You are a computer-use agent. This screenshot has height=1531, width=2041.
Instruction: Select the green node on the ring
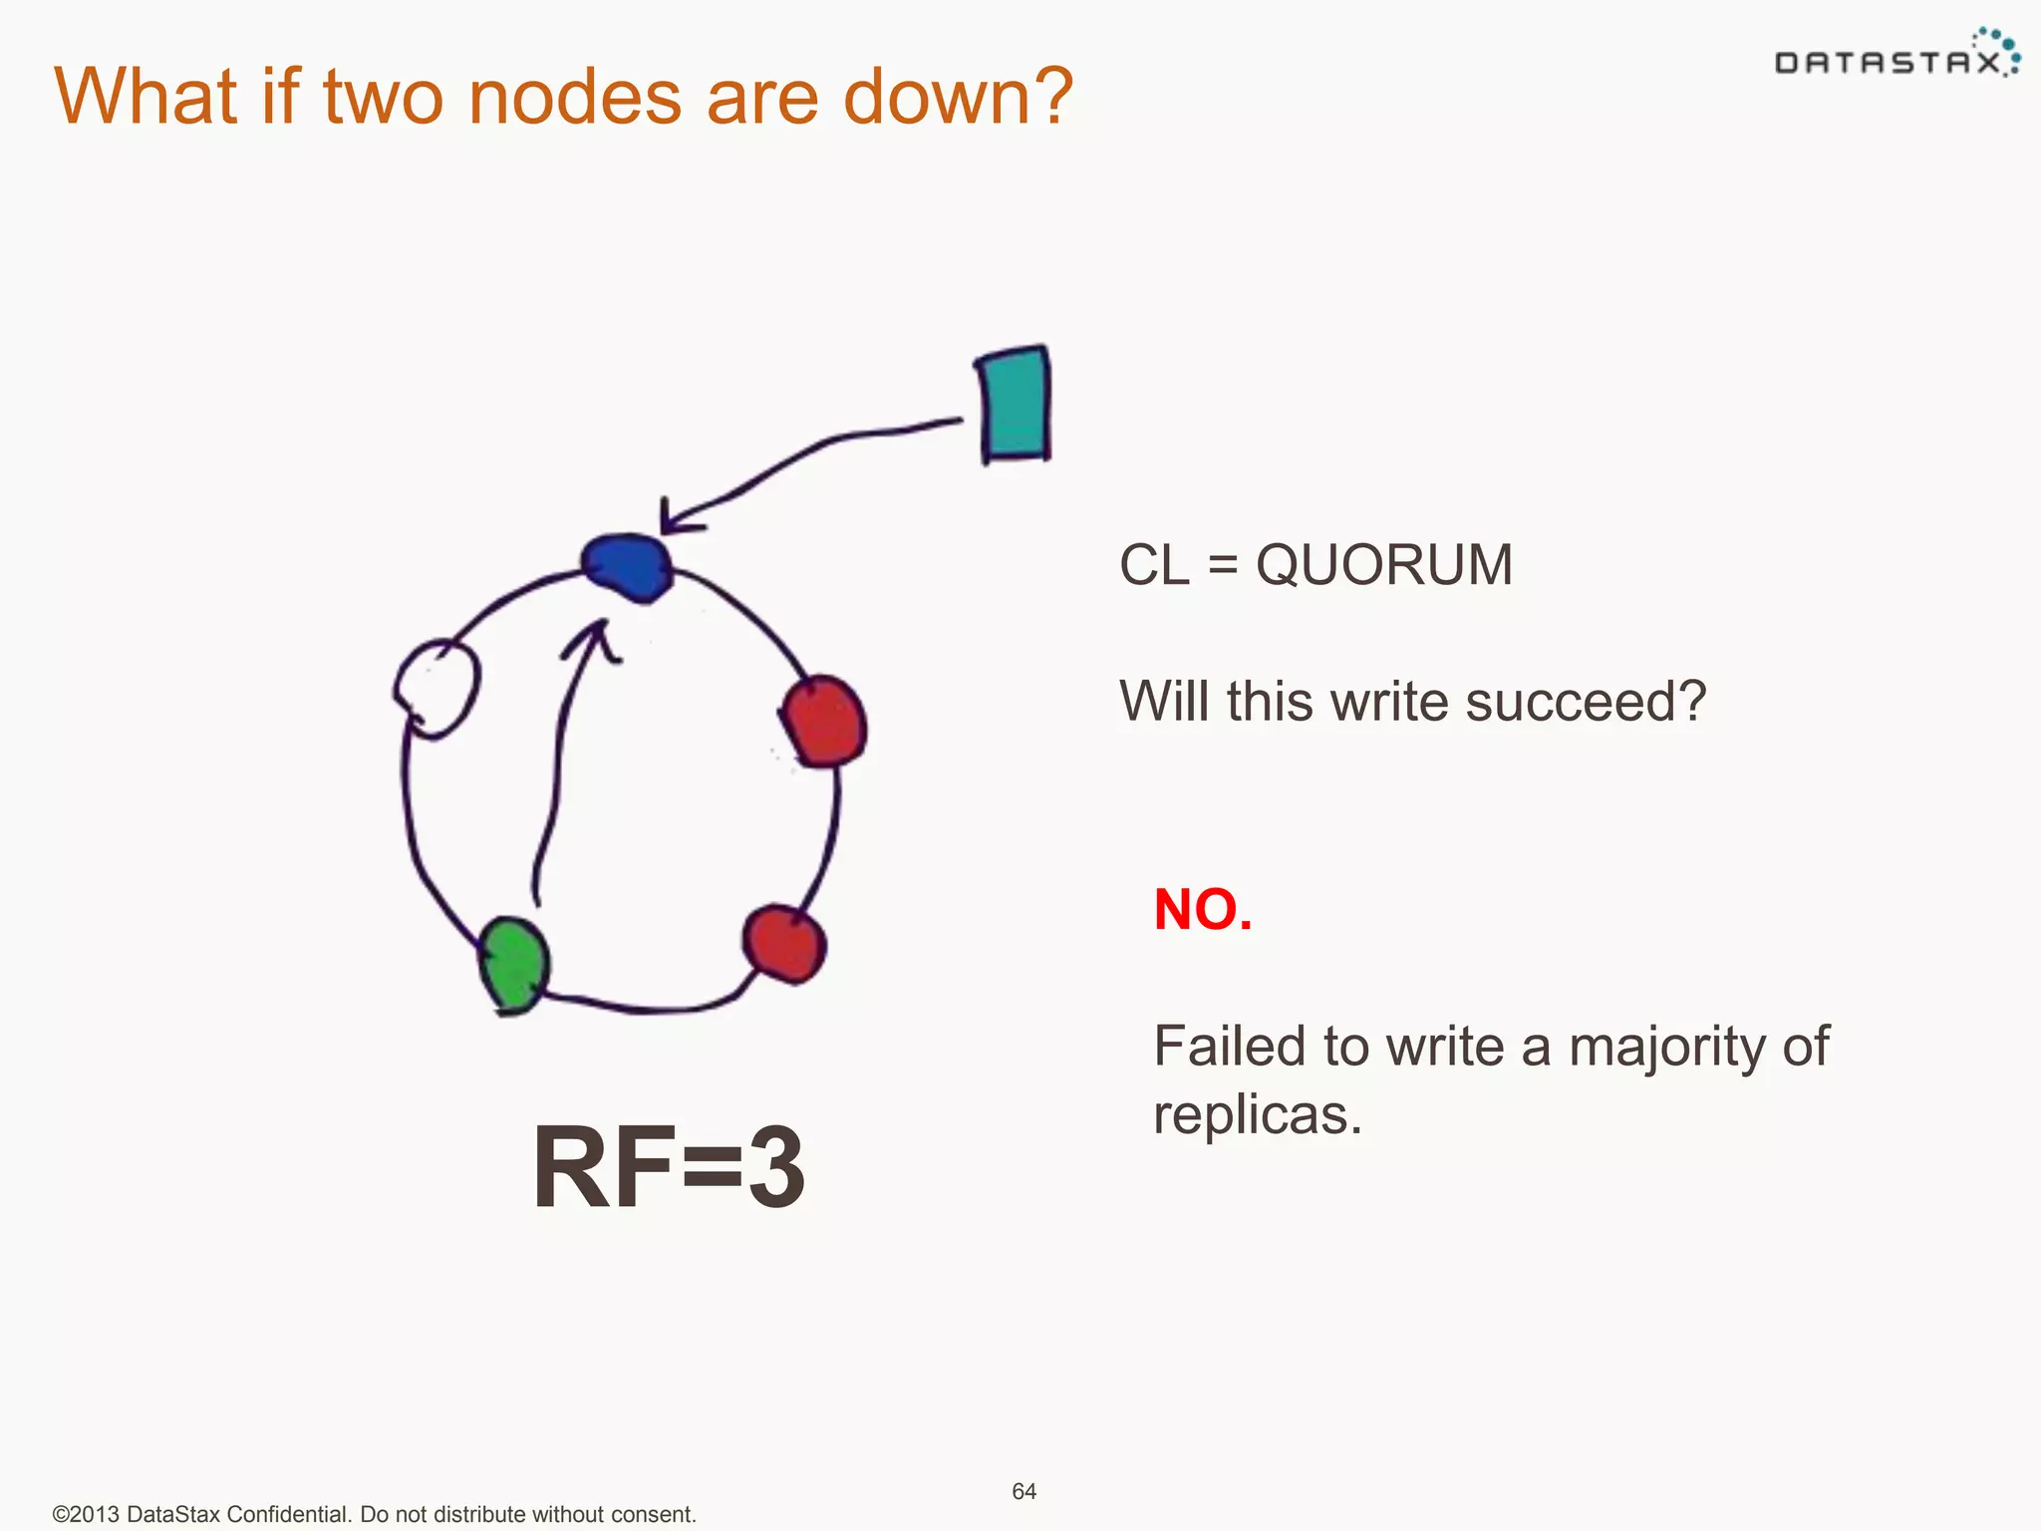(513, 965)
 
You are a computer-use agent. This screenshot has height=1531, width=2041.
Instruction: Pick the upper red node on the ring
(824, 722)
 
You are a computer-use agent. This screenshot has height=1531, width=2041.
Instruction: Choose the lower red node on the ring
(784, 942)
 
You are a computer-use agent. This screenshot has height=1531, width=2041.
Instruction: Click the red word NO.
(1202, 909)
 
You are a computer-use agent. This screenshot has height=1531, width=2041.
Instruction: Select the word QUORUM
(1383, 565)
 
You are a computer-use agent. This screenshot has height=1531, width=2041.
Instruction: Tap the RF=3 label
(668, 1166)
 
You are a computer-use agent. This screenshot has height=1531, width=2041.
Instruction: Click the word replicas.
(1256, 1114)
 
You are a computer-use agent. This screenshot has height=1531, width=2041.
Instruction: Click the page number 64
(1023, 1491)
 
